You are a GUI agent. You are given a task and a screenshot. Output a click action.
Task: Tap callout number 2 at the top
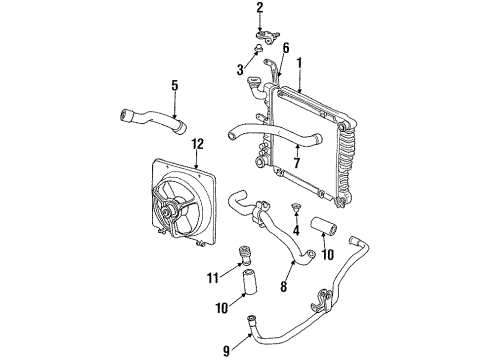click(259, 9)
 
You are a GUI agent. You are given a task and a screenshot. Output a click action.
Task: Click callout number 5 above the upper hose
click(175, 86)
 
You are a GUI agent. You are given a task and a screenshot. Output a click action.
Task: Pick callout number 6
click(286, 48)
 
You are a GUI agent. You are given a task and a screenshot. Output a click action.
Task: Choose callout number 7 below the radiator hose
click(297, 163)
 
